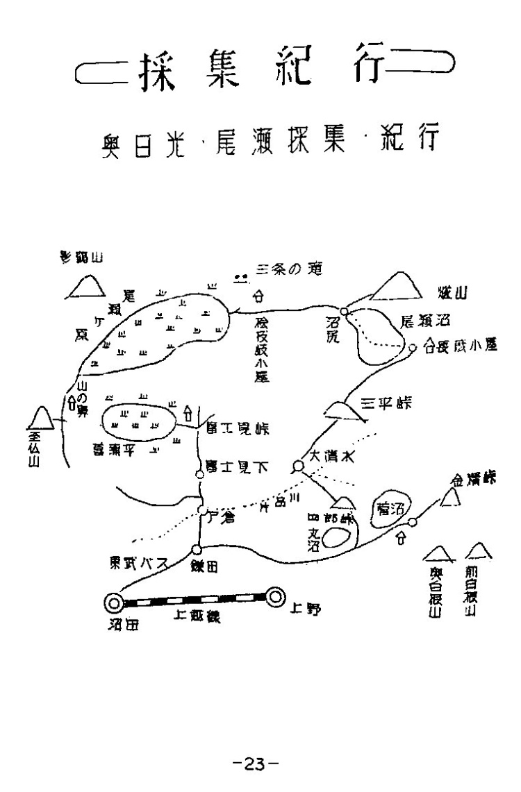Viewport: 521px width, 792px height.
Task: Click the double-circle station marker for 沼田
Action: pos(113,602)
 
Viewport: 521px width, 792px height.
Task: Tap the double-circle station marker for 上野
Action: pos(276,596)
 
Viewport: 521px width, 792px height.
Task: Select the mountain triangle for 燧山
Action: pos(396,287)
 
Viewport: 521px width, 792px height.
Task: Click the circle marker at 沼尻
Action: pos(343,312)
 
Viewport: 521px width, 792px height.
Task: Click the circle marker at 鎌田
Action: pos(197,550)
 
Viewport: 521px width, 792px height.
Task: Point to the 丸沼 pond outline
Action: pos(336,538)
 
